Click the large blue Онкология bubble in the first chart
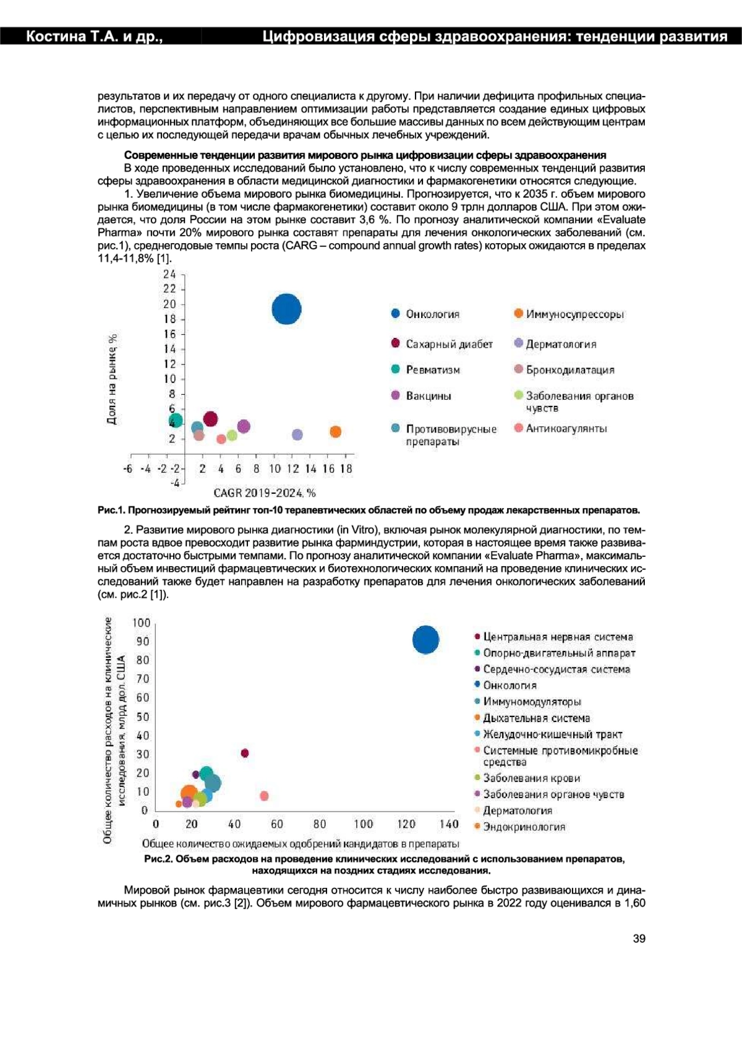click(286, 309)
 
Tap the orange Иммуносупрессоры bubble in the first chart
click(335, 432)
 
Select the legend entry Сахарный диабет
click(449, 344)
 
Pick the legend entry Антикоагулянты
click(566, 428)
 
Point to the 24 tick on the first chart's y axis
click(169, 274)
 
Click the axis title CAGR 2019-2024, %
click(264, 493)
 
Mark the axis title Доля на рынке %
click(112, 379)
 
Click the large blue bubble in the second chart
click(425, 640)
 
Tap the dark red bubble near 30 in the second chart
click(245, 753)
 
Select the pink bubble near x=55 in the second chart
click(264, 796)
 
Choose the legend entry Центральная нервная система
click(558, 637)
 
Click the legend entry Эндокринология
click(524, 827)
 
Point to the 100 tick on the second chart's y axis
click(141, 622)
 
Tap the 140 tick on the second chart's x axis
click(449, 824)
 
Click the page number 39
click(639, 939)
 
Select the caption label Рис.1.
click(112, 510)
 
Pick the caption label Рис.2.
click(158, 859)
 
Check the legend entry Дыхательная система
click(536, 718)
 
